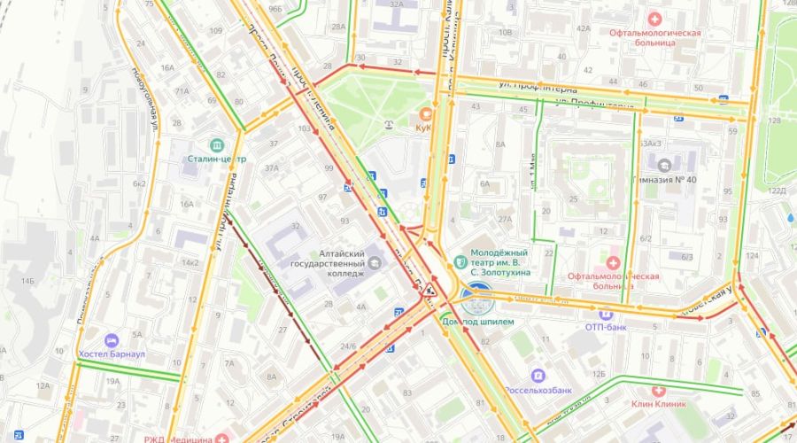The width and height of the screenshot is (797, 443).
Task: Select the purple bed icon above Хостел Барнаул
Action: (x=112, y=340)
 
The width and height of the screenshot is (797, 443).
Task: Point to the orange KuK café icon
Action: (x=426, y=113)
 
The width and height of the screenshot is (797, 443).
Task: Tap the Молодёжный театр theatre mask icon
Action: (x=460, y=261)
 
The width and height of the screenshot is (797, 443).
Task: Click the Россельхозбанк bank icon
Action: (x=538, y=376)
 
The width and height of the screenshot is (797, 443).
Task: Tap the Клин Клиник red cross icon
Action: (x=658, y=390)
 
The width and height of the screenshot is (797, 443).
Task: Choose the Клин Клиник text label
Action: (x=660, y=404)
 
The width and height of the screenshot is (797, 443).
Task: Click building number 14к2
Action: (x=190, y=262)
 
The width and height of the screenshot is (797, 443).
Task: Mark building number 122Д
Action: (x=777, y=190)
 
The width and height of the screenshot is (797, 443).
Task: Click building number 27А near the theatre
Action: (x=505, y=218)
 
